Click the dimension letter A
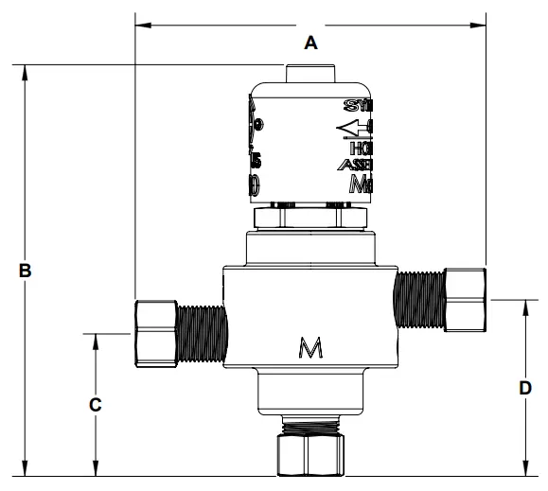coord(309,42)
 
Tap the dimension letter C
coord(95,404)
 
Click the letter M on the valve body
coord(309,349)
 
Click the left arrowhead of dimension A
coord(142,25)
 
